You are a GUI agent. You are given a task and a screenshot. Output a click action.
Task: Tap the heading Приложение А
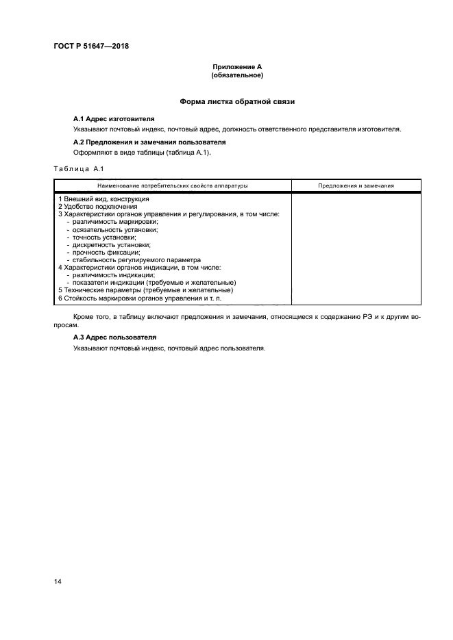click(237, 67)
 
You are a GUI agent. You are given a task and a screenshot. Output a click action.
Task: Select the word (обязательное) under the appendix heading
click(237, 75)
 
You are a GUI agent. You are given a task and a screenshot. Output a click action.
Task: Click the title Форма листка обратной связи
click(237, 101)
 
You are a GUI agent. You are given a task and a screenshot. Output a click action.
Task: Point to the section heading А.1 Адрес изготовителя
click(114, 118)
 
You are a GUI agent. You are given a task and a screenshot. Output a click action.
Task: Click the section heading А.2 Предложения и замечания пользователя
click(149, 142)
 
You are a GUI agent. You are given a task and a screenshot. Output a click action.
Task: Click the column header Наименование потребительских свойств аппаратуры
click(173, 185)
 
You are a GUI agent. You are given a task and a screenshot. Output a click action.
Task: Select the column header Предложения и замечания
click(356, 185)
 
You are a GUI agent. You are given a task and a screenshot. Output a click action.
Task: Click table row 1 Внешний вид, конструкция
click(103, 199)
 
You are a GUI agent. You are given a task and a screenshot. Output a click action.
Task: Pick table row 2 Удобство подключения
click(97, 206)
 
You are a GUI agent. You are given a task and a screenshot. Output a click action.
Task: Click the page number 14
click(58, 581)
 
